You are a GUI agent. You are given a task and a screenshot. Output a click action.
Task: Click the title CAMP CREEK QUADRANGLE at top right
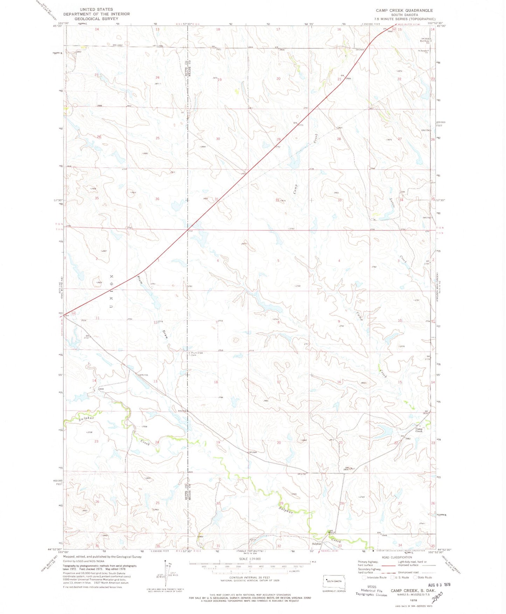click(x=404, y=10)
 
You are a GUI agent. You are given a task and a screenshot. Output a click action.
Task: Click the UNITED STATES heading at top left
click(x=96, y=9)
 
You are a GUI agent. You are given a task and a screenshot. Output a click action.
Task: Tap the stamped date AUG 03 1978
click(x=439, y=585)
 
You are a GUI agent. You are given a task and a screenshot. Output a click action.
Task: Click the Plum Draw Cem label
click(x=197, y=354)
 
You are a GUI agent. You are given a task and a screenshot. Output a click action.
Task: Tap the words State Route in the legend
click(x=425, y=578)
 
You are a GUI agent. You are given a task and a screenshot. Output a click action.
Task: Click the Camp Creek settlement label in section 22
click(x=419, y=430)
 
